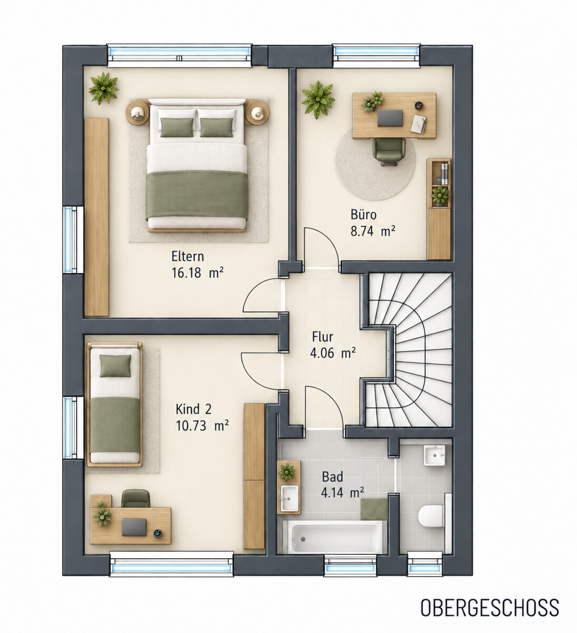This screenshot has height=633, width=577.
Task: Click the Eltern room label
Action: point(187,256)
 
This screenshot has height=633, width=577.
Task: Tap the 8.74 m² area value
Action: point(373,231)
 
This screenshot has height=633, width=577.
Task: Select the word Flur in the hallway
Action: point(323,337)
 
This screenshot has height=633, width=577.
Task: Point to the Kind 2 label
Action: point(194,409)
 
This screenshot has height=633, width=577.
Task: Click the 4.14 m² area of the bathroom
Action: point(342,493)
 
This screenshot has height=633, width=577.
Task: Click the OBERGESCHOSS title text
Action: point(489,608)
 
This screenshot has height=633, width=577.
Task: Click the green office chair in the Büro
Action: point(389,152)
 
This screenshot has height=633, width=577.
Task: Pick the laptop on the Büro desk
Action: point(390,118)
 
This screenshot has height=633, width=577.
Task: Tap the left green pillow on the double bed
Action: point(177,127)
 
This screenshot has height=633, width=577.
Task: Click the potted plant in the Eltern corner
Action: point(103,88)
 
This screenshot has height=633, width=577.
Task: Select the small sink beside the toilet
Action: point(434,455)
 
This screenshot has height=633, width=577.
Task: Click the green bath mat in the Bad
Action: point(374,509)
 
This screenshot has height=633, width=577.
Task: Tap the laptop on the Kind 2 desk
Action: point(134,527)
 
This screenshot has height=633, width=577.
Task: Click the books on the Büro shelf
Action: point(445,174)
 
